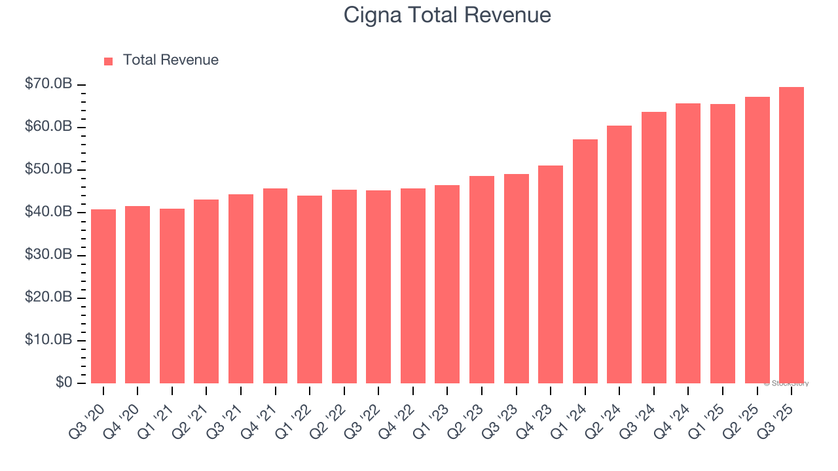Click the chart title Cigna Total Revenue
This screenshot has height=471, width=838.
point(447,15)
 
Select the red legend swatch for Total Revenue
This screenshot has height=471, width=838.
point(109,61)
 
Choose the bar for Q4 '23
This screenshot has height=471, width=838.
point(550,274)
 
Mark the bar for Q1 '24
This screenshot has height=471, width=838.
point(585,261)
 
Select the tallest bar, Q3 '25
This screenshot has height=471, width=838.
point(791,235)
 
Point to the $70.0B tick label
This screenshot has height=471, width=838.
point(48,84)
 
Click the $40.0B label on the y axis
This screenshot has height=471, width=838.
point(48,212)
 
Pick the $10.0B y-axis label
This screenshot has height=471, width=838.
point(48,340)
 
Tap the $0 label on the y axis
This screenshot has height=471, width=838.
point(64,383)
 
